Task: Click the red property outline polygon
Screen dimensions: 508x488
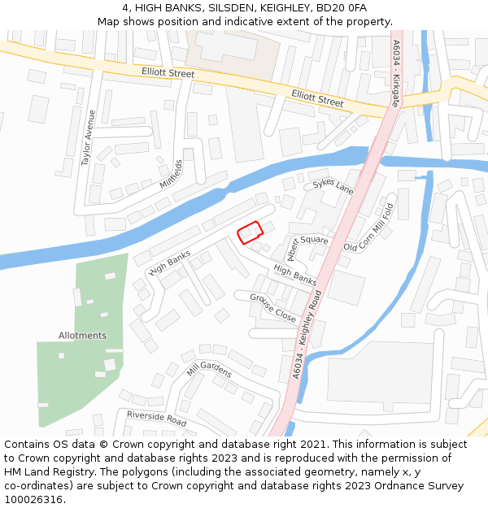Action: (x=251, y=232)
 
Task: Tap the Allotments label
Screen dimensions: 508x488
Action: (x=82, y=336)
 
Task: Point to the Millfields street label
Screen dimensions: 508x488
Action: (x=171, y=174)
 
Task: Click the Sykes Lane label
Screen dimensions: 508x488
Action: (x=333, y=187)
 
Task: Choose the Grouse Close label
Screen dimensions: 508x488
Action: (x=273, y=308)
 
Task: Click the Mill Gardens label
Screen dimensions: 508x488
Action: (x=209, y=370)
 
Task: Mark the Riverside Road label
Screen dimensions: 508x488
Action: (x=156, y=419)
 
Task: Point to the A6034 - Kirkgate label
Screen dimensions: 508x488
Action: (x=396, y=74)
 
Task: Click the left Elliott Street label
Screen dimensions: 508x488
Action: (x=168, y=74)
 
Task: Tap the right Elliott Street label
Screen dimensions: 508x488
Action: (x=317, y=99)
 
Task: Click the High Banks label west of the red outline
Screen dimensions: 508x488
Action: (x=170, y=262)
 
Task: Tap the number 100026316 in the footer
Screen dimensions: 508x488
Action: (x=35, y=499)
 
